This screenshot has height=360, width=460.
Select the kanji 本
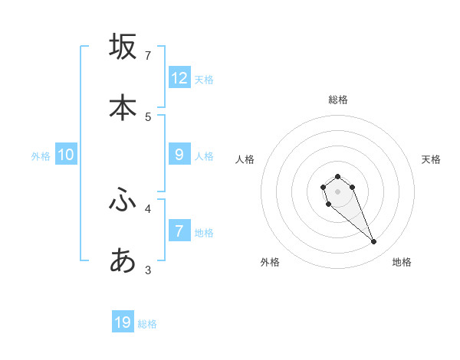click(x=123, y=107)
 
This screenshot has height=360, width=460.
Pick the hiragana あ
click(x=123, y=261)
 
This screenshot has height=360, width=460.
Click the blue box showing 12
click(x=179, y=78)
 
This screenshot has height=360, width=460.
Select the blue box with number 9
click(x=179, y=155)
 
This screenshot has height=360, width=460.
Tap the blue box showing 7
click(x=179, y=231)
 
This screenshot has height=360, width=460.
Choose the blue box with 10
click(x=66, y=155)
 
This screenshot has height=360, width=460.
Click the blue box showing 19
click(x=123, y=322)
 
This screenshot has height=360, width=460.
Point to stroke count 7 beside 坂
click(x=148, y=55)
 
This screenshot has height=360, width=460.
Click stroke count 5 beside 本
click(x=148, y=116)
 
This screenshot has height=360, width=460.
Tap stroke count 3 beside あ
click(x=148, y=270)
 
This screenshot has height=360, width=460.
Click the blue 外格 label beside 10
click(x=41, y=156)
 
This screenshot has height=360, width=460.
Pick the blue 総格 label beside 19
click(x=147, y=324)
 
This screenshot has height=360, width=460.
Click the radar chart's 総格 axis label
click(x=338, y=100)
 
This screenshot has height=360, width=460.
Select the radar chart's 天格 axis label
click(x=432, y=159)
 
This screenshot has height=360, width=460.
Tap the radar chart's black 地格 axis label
click(x=402, y=262)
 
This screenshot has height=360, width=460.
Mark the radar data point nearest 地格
click(x=374, y=242)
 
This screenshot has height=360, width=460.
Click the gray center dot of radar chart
click(x=337, y=191)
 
